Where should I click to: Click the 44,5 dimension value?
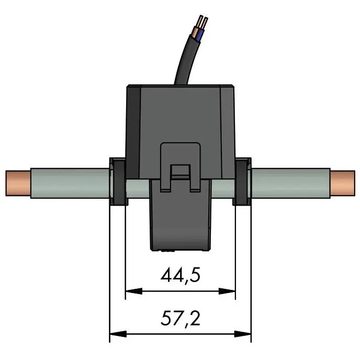point(181,275)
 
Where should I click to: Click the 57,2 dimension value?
point(181,318)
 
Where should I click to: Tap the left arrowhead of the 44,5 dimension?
point(134,291)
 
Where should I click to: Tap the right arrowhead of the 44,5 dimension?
point(227,291)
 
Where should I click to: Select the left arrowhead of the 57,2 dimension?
point(118,334)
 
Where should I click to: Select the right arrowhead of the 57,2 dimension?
point(243,334)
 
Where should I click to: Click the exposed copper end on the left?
point(18,183)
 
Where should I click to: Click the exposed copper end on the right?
point(343,183)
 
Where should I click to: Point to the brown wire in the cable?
point(195,32)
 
